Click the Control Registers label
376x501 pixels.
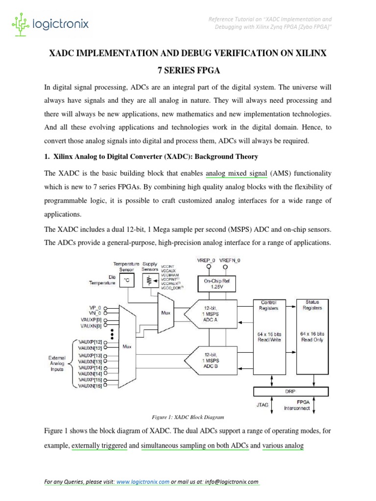(269, 305)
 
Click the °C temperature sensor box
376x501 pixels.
(126, 281)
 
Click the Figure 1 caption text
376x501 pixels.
(188, 417)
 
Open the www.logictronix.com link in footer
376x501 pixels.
(143, 482)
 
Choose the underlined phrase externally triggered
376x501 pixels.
(99, 446)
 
